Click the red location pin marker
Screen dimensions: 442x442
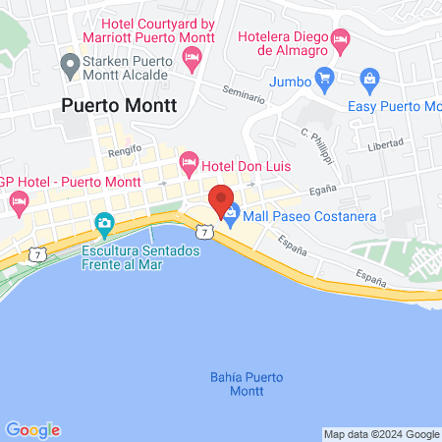pyautogui.click(x=221, y=200)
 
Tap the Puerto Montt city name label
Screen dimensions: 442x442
pyautogui.click(x=119, y=107)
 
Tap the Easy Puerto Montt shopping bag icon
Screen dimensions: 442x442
pyautogui.click(x=369, y=77)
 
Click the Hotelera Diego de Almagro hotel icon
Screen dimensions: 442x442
pyautogui.click(x=341, y=40)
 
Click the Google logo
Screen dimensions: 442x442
pyautogui.click(x=32, y=429)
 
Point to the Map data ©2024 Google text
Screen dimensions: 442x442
pyautogui.click(x=382, y=434)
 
